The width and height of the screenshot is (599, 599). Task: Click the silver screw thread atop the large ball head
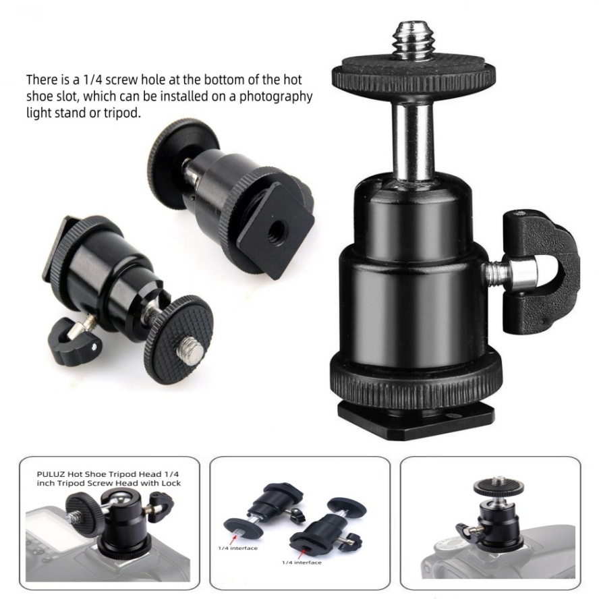click(x=414, y=42)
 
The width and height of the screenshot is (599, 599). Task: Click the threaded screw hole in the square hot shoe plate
click(x=275, y=230)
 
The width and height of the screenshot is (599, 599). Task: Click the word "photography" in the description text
click(x=276, y=97)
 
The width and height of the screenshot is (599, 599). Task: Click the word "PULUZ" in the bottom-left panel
click(x=51, y=474)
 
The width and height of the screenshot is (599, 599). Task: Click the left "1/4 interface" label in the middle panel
click(x=237, y=548)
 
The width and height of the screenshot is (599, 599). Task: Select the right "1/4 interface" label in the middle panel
click(x=302, y=563)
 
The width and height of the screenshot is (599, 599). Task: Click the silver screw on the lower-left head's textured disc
click(x=189, y=347)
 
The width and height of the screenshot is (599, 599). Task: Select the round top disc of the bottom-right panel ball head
click(x=497, y=486)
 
